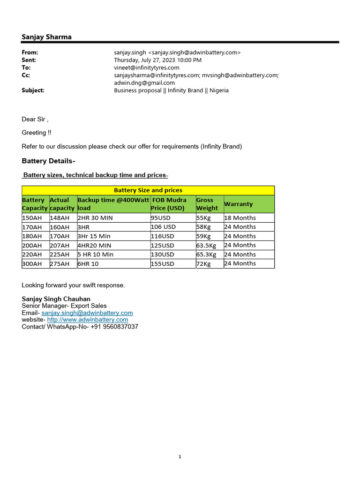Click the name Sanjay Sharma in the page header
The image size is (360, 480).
click(x=46, y=37)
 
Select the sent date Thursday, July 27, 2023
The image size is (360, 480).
click(x=157, y=60)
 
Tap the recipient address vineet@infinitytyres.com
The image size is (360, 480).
click(x=146, y=67)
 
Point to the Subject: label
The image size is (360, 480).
click(x=33, y=90)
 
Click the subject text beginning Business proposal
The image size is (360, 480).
click(x=171, y=90)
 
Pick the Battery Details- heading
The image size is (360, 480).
click(x=48, y=161)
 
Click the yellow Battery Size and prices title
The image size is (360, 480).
click(x=148, y=190)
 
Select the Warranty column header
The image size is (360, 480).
click(x=238, y=204)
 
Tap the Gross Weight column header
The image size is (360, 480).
click(x=207, y=204)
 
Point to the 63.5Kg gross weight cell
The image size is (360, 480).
click(x=206, y=245)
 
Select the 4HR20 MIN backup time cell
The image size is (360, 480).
click(x=94, y=245)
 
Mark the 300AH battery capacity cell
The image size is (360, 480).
click(x=32, y=264)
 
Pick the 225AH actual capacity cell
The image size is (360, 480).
click(x=60, y=255)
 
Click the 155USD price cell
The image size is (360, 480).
click(x=162, y=264)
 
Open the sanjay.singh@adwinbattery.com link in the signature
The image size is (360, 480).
click(x=87, y=313)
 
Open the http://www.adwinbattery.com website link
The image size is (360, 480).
click(x=88, y=320)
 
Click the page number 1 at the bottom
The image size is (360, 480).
click(x=180, y=457)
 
